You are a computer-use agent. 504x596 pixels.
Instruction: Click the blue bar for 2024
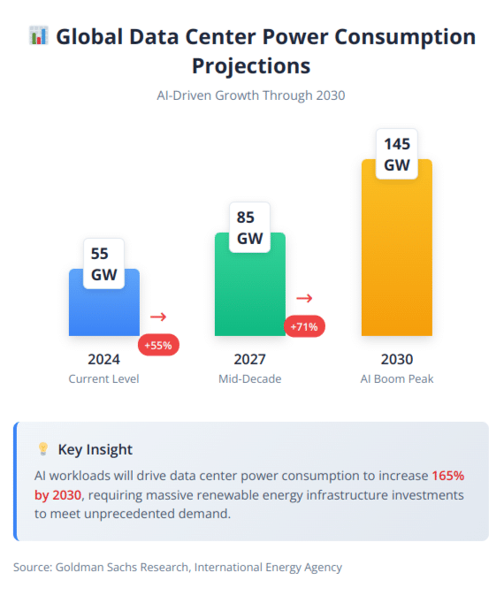click(x=103, y=309)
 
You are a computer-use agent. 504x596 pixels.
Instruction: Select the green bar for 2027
click(x=250, y=292)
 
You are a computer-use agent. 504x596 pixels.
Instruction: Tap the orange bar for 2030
click(x=396, y=256)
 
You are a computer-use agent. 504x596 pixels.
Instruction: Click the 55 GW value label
click(x=103, y=264)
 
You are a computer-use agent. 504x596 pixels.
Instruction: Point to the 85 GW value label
click(x=250, y=227)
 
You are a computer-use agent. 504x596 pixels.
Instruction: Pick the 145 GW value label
click(x=396, y=154)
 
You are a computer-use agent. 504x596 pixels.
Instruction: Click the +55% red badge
click(x=159, y=345)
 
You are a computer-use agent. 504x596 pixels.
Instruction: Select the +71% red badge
click(x=305, y=326)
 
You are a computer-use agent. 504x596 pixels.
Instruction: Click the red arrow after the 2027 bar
click(x=305, y=299)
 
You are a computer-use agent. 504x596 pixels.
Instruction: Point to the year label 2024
click(x=103, y=359)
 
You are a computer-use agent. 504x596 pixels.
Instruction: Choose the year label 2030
click(x=396, y=359)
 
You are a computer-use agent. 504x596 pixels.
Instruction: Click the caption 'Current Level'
click(x=103, y=378)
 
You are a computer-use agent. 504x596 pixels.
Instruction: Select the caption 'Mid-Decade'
click(x=250, y=378)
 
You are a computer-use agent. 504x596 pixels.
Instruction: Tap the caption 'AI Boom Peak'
click(x=396, y=378)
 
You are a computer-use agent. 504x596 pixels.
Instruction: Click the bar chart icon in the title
click(x=38, y=36)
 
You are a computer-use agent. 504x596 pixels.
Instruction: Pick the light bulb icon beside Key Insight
click(x=42, y=449)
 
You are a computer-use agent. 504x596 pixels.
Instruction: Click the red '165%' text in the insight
click(x=447, y=475)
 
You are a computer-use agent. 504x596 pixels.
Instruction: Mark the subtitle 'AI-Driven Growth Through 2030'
click(x=251, y=95)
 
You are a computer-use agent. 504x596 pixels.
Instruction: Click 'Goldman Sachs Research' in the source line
click(x=120, y=567)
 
